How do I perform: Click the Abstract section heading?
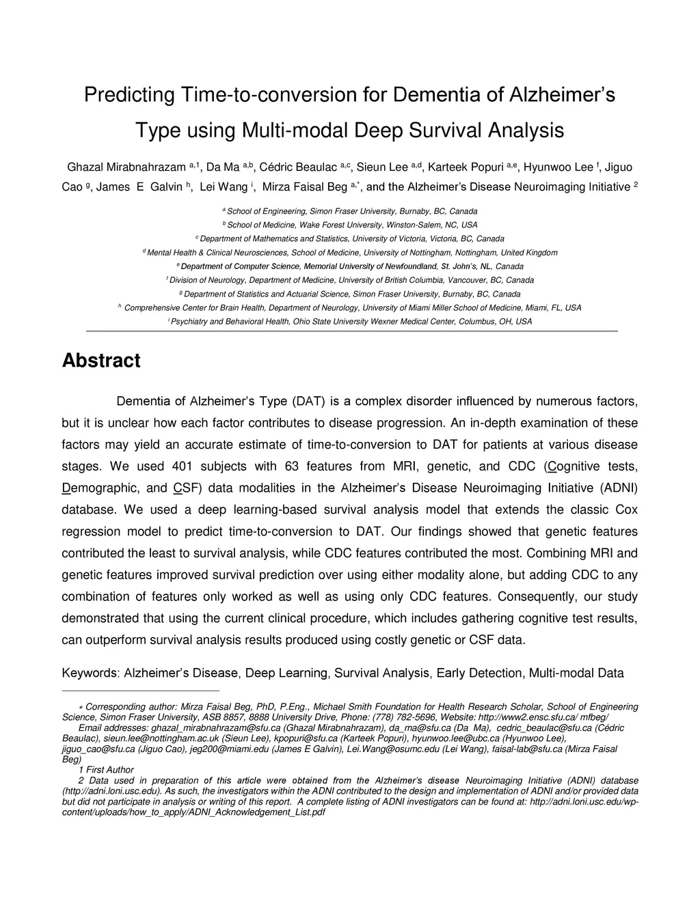101,361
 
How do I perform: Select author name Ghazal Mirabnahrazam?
126,167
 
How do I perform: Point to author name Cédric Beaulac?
299,167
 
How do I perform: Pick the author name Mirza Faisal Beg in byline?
305,186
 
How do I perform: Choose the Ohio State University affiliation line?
350,321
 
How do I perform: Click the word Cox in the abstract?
626,510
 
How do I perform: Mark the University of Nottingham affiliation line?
350,253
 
